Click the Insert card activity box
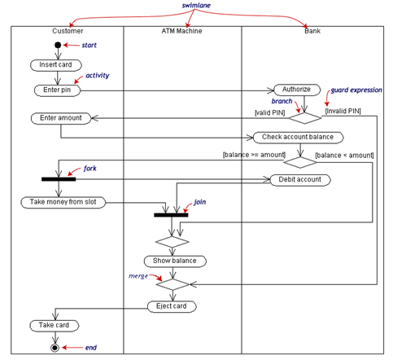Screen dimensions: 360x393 [55, 64]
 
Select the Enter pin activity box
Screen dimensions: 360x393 [55, 90]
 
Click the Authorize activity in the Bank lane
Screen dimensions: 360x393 [292, 90]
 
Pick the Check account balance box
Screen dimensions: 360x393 [293, 137]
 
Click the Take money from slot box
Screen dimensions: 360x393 [63, 202]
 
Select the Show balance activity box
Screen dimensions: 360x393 [175, 261]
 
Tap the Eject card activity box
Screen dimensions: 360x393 [172, 306]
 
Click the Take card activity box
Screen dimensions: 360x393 [55, 326]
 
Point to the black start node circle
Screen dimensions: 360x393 [57, 45]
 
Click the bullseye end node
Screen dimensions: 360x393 [55, 348]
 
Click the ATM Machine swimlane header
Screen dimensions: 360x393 [182, 31]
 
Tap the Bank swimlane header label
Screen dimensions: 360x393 [312, 31]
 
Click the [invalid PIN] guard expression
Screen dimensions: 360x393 [343, 111]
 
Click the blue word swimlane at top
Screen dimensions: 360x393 [197, 6]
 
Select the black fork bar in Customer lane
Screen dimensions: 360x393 [59, 178]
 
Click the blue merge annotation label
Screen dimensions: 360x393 [138, 277]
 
